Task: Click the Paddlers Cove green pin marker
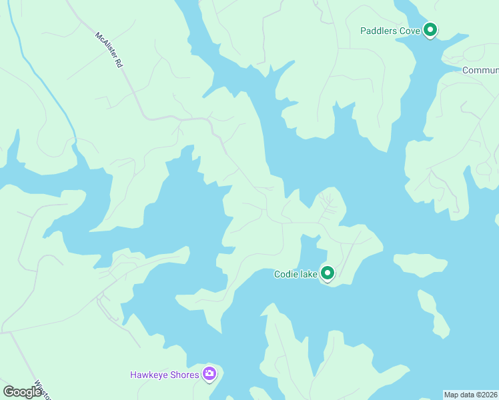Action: (x=431, y=30)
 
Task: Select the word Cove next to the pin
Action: (x=410, y=31)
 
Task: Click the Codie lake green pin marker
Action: (x=327, y=273)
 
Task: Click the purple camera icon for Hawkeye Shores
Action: (x=209, y=373)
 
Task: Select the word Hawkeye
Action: (x=151, y=375)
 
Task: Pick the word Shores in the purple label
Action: (x=186, y=375)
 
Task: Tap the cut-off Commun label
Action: (x=480, y=70)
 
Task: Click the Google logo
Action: (x=23, y=391)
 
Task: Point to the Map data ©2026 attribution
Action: (x=471, y=395)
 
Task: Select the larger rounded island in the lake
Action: (x=420, y=265)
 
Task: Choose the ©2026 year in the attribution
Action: (x=486, y=395)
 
